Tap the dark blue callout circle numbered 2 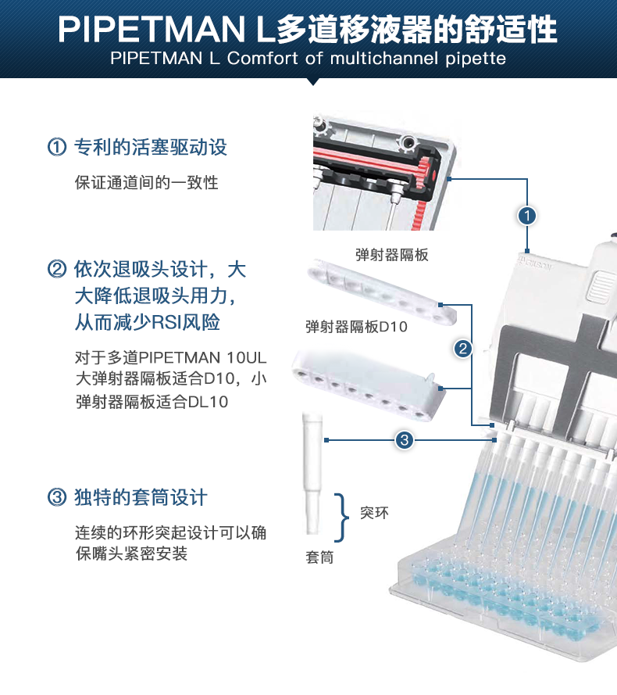coord(463,349)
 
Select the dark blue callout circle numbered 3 coord(404,440)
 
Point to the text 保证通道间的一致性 coord(146,183)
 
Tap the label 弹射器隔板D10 coord(356,327)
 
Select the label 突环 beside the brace coord(373,514)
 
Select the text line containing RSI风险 coord(152,322)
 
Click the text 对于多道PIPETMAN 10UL coord(171,358)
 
